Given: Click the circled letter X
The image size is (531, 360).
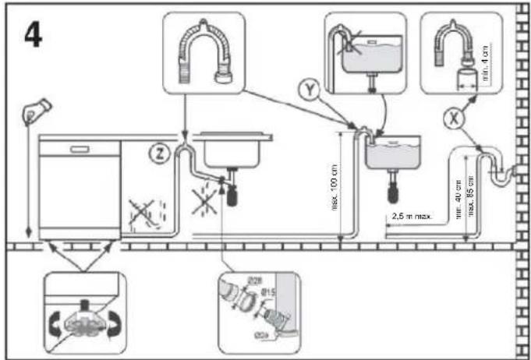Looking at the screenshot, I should [449, 119].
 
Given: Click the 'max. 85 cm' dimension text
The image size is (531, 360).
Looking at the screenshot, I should [472, 195].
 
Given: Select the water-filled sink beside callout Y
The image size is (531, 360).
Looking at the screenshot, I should [392, 154].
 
